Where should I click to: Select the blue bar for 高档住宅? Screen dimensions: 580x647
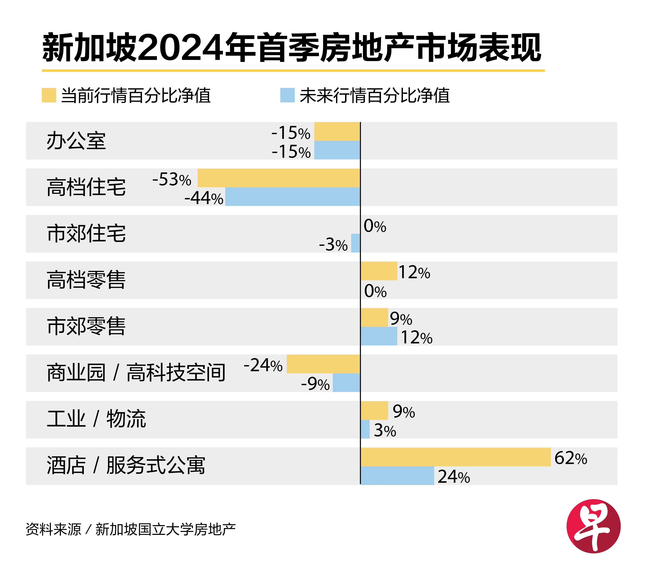293,197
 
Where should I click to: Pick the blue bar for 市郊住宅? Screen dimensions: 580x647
356,243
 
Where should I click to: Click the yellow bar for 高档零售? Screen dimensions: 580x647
379,271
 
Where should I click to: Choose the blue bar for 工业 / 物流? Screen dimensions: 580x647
365,429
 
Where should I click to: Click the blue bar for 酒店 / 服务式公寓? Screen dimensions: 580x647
397,476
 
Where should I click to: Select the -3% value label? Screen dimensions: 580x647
333,245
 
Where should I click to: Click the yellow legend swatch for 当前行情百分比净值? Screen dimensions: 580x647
49,95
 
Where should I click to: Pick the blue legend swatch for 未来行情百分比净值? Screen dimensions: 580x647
287,95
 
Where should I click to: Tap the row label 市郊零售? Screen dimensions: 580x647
86,326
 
